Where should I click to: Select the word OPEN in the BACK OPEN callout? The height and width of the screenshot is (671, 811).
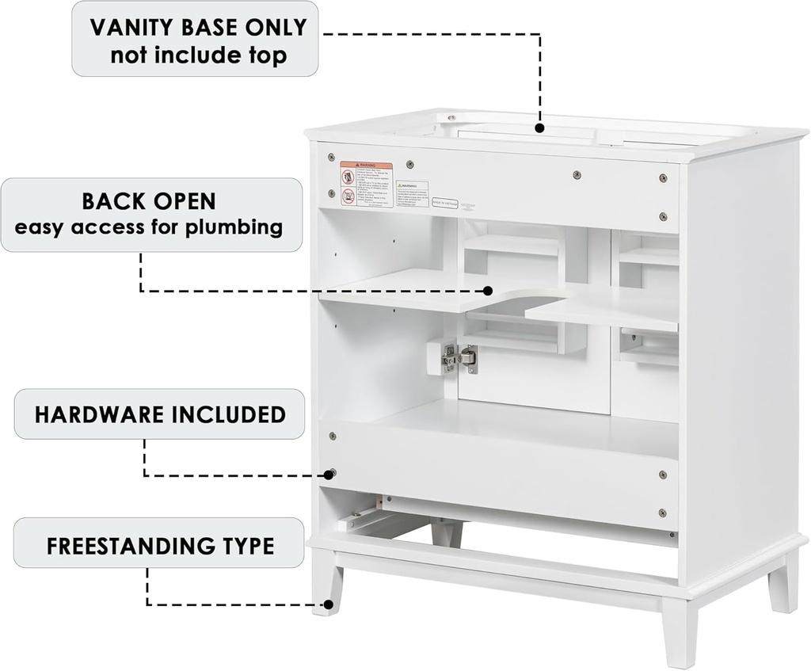(183, 200)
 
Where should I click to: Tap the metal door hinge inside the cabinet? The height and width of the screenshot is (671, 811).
(459, 358)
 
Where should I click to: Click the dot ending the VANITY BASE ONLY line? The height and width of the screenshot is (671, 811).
(539, 128)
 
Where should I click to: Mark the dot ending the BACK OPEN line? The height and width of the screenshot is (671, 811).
(489, 291)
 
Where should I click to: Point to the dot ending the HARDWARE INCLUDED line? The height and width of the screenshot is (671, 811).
(329, 475)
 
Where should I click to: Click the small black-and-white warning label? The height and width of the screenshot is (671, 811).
(413, 193)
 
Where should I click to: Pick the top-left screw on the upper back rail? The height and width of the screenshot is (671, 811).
(332, 157)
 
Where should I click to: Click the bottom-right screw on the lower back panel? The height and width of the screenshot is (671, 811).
(662, 513)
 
